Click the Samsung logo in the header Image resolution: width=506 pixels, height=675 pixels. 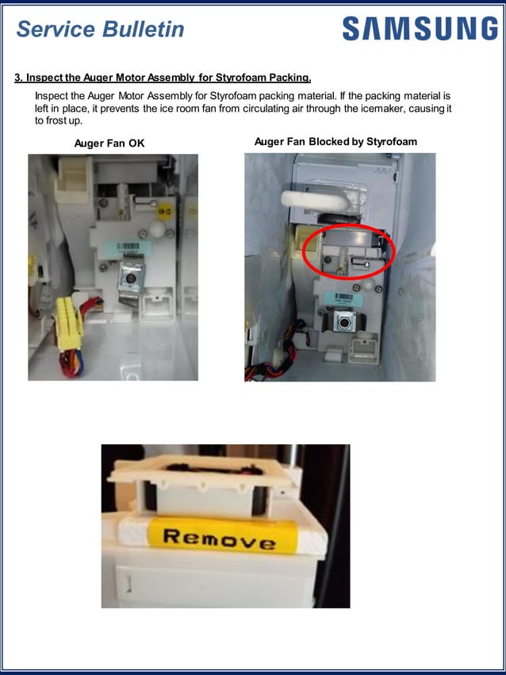point(420,29)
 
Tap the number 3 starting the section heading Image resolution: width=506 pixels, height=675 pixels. point(18,78)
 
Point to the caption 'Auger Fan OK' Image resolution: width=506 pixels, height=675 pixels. point(109,143)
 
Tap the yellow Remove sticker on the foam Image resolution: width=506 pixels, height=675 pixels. point(220,539)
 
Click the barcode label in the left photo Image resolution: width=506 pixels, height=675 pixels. point(129,247)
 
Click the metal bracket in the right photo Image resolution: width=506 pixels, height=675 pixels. point(344,320)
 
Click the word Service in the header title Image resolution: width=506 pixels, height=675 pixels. point(56,29)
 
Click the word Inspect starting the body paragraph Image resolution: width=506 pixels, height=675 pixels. point(52,96)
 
